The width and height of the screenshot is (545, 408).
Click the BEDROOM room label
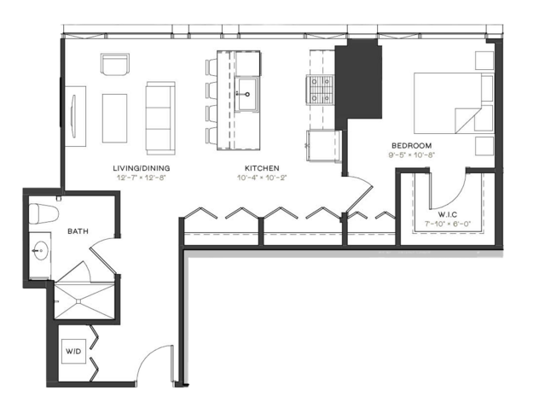pos(412,145)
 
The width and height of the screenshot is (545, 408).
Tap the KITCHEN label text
pos(262,168)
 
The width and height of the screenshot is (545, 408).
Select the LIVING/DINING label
pos(142,168)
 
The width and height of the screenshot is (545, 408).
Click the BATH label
pos(78,231)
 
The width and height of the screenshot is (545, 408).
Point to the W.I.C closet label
pos(447,214)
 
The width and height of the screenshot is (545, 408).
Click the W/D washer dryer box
pos(73,352)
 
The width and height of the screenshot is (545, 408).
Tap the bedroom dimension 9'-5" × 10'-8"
pos(412,154)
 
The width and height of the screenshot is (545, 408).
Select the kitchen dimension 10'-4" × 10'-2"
pos(262,178)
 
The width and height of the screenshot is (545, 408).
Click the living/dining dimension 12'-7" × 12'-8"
pos(142,178)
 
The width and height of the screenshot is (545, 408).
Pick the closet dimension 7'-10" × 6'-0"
pos(448,224)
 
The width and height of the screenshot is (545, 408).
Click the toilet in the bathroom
pos(43,213)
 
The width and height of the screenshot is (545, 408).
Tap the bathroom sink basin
pos(40,250)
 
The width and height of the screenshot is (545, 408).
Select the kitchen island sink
pos(247,94)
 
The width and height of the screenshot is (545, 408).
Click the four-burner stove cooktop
pos(320,90)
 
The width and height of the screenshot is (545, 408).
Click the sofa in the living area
pos(160,119)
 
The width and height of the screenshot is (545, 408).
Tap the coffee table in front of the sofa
pos(114,119)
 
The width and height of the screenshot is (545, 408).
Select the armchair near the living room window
pos(115,64)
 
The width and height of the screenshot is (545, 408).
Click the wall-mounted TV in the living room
pos(73,116)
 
